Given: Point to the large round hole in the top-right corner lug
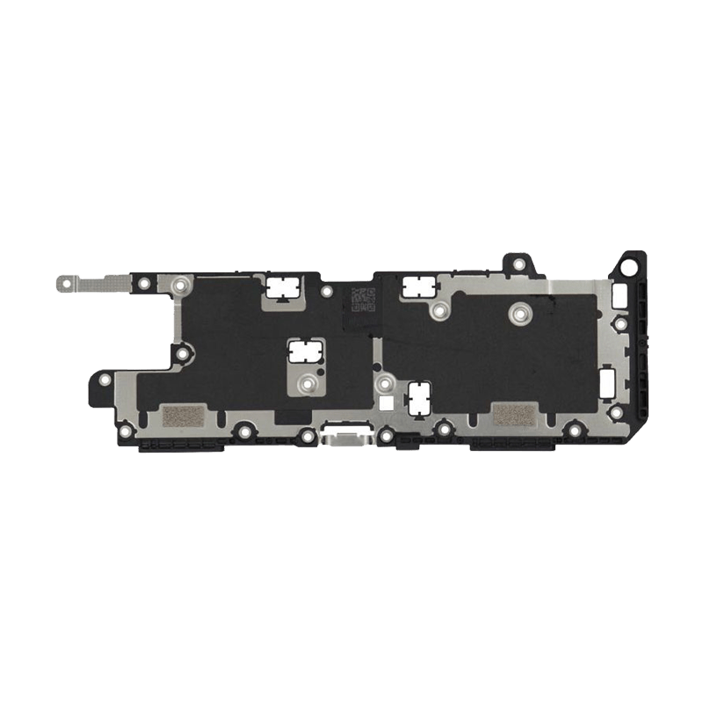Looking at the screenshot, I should tap(630, 263).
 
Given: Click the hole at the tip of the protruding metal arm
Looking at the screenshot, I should tap(64, 283).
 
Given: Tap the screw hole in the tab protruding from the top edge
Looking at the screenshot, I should tap(517, 262).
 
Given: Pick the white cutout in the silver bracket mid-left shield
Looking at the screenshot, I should tap(303, 353).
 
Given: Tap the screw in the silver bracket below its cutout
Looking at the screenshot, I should tap(305, 383).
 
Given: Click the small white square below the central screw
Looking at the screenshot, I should tap(384, 405).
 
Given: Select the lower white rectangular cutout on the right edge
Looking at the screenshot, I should tap(605, 381).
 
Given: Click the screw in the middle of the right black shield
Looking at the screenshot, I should tap(519, 312).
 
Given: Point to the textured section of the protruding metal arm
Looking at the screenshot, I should tap(105, 283).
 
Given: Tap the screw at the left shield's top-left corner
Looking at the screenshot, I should tap(180, 285).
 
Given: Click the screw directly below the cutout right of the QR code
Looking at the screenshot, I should tap(435, 309).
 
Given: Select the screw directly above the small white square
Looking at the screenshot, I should tap(383, 383).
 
